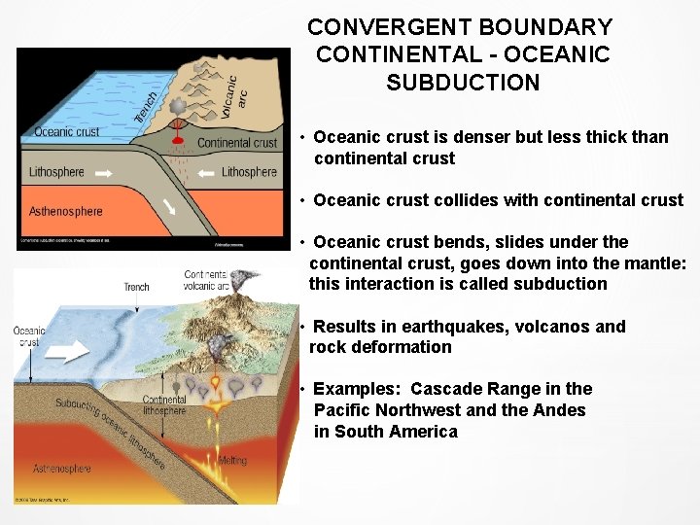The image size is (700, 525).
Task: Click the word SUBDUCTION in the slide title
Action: (x=463, y=83)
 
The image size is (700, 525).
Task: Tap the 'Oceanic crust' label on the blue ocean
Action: (x=66, y=132)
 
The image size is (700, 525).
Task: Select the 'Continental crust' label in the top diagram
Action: (x=237, y=143)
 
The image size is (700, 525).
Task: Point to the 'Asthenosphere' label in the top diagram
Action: (x=66, y=211)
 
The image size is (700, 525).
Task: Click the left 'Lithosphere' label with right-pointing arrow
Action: (x=56, y=172)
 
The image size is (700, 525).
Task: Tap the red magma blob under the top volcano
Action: (x=178, y=139)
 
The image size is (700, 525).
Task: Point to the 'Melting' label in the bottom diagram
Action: (x=232, y=461)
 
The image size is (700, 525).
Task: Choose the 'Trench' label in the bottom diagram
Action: (x=137, y=287)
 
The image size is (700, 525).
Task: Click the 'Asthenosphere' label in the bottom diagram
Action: (x=62, y=469)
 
